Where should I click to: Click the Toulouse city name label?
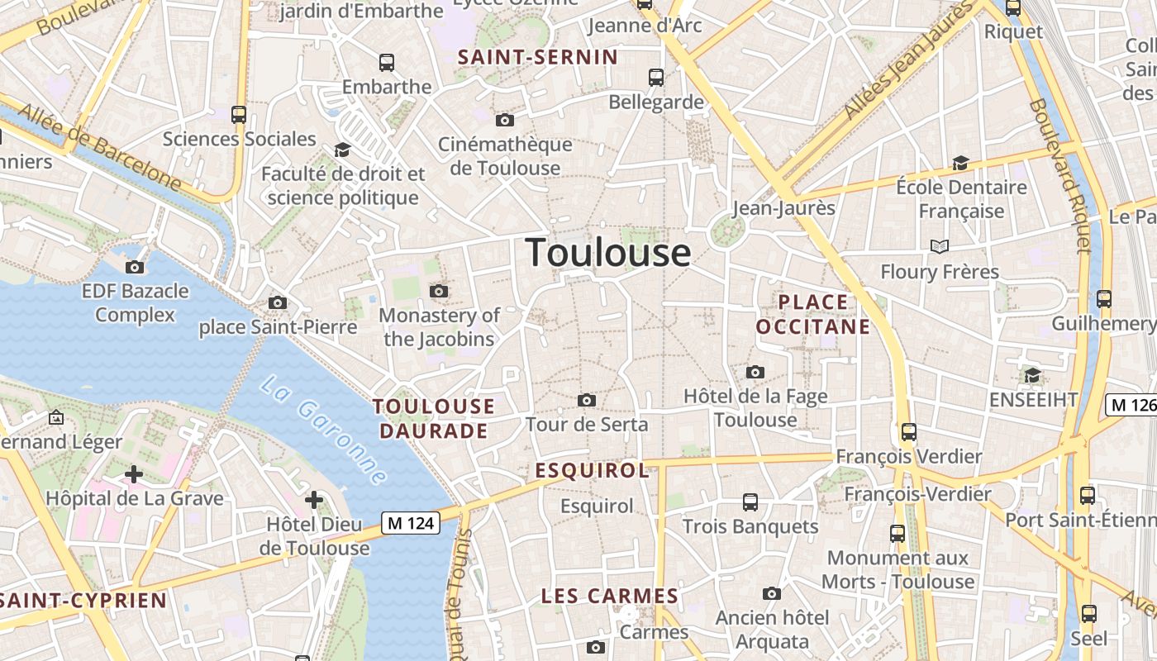click(608, 252)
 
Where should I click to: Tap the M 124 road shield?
click(410, 522)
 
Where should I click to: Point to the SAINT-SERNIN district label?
click(538, 57)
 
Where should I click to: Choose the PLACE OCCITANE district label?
click(813, 314)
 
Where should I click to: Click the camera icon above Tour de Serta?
click(587, 401)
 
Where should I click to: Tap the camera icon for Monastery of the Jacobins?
click(439, 291)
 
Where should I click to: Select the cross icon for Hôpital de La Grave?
click(134, 474)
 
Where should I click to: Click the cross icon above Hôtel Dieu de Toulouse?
click(314, 500)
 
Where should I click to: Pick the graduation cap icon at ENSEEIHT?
click(1032, 377)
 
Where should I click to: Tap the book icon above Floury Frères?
click(939, 246)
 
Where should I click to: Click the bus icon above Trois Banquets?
click(750, 502)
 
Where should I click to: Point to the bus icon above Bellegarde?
click(656, 78)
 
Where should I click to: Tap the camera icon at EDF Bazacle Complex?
click(135, 267)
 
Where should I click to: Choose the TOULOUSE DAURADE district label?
click(434, 418)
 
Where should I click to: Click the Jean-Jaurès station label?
click(783, 207)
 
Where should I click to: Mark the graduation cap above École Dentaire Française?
click(960, 163)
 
